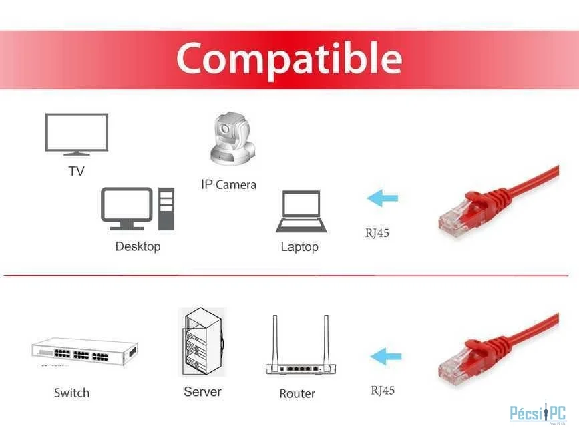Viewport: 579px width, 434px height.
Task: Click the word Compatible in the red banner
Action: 289,59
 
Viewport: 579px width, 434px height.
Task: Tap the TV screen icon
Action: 77,134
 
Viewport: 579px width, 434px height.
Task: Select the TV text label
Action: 76,171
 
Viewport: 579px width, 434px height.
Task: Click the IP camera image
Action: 232,138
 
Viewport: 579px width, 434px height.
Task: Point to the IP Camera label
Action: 228,184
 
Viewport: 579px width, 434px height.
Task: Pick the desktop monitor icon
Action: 127,208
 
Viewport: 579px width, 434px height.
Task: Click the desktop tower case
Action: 166,209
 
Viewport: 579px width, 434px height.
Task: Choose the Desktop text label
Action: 138,246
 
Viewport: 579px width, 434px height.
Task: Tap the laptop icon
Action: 301,211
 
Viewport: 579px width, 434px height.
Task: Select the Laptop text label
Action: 299,247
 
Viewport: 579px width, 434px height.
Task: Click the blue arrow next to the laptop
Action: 383,198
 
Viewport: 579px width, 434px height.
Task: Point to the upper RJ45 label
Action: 377,233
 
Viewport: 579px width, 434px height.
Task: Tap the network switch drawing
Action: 85,351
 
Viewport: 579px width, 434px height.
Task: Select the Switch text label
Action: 71,393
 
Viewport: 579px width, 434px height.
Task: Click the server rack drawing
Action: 202,342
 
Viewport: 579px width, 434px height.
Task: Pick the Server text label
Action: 202,391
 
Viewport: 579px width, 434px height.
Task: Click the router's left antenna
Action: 275,341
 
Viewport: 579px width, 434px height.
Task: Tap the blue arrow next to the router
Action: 386,357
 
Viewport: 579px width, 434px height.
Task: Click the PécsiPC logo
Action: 538,412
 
